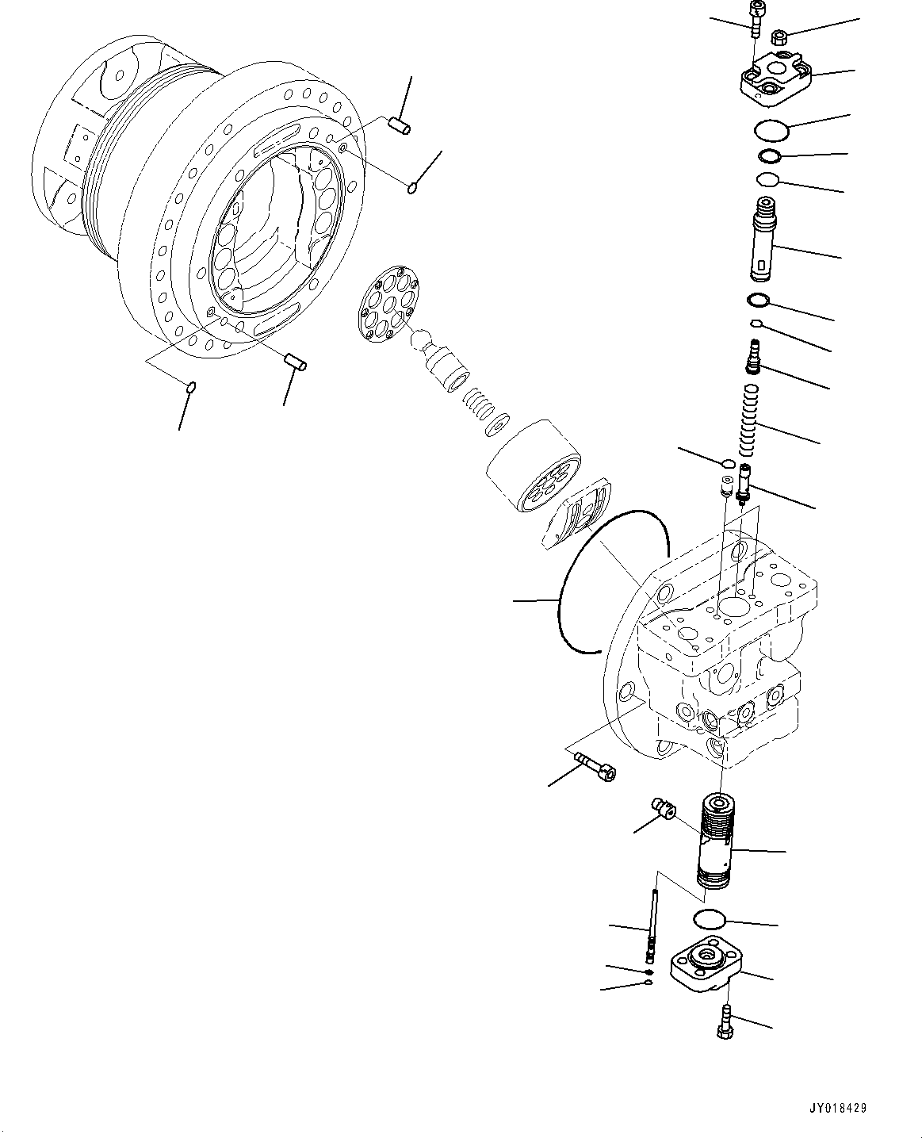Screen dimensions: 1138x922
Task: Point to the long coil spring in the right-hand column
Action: (748, 419)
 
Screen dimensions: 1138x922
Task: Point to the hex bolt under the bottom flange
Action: (724, 1021)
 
